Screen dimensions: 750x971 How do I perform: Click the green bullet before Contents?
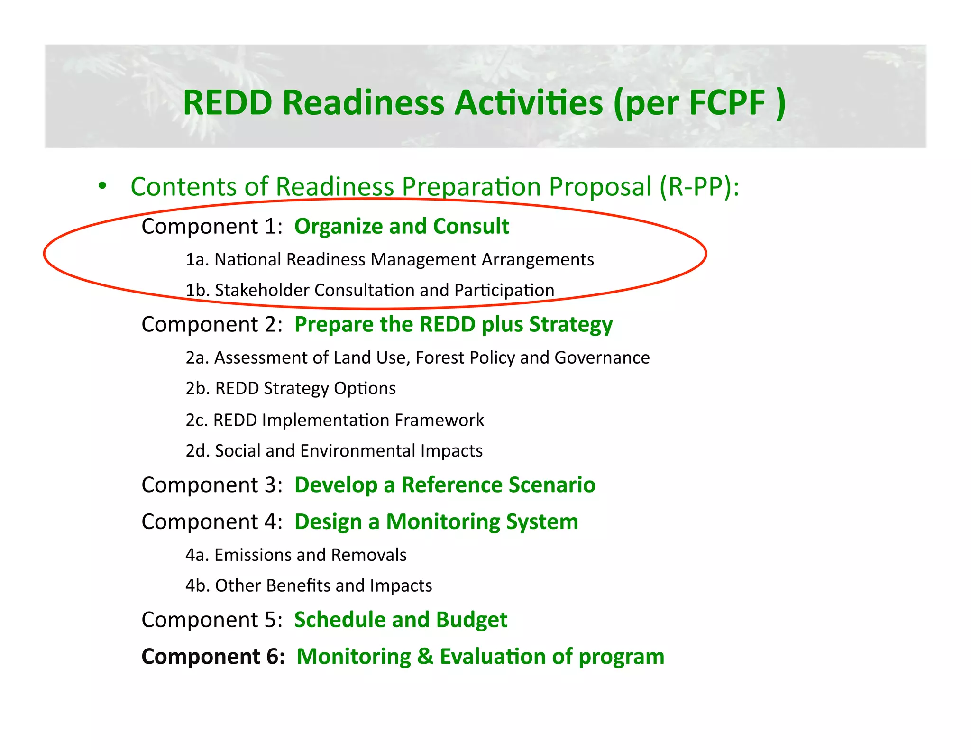102,186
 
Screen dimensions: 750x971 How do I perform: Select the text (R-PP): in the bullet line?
699,186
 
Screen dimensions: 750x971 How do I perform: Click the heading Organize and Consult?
402,226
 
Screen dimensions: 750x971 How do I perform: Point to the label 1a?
197,260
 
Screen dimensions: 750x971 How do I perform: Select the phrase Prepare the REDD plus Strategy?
453,325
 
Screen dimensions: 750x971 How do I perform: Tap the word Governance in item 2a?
602,357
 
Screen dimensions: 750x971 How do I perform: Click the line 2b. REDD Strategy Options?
291,388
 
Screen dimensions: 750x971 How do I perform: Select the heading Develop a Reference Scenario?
445,485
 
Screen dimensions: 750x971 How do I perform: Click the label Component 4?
212,522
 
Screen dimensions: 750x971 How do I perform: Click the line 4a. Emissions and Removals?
296,555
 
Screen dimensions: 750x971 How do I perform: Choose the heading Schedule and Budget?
401,620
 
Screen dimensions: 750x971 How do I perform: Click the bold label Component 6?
213,657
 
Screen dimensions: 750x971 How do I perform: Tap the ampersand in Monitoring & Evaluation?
425,657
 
